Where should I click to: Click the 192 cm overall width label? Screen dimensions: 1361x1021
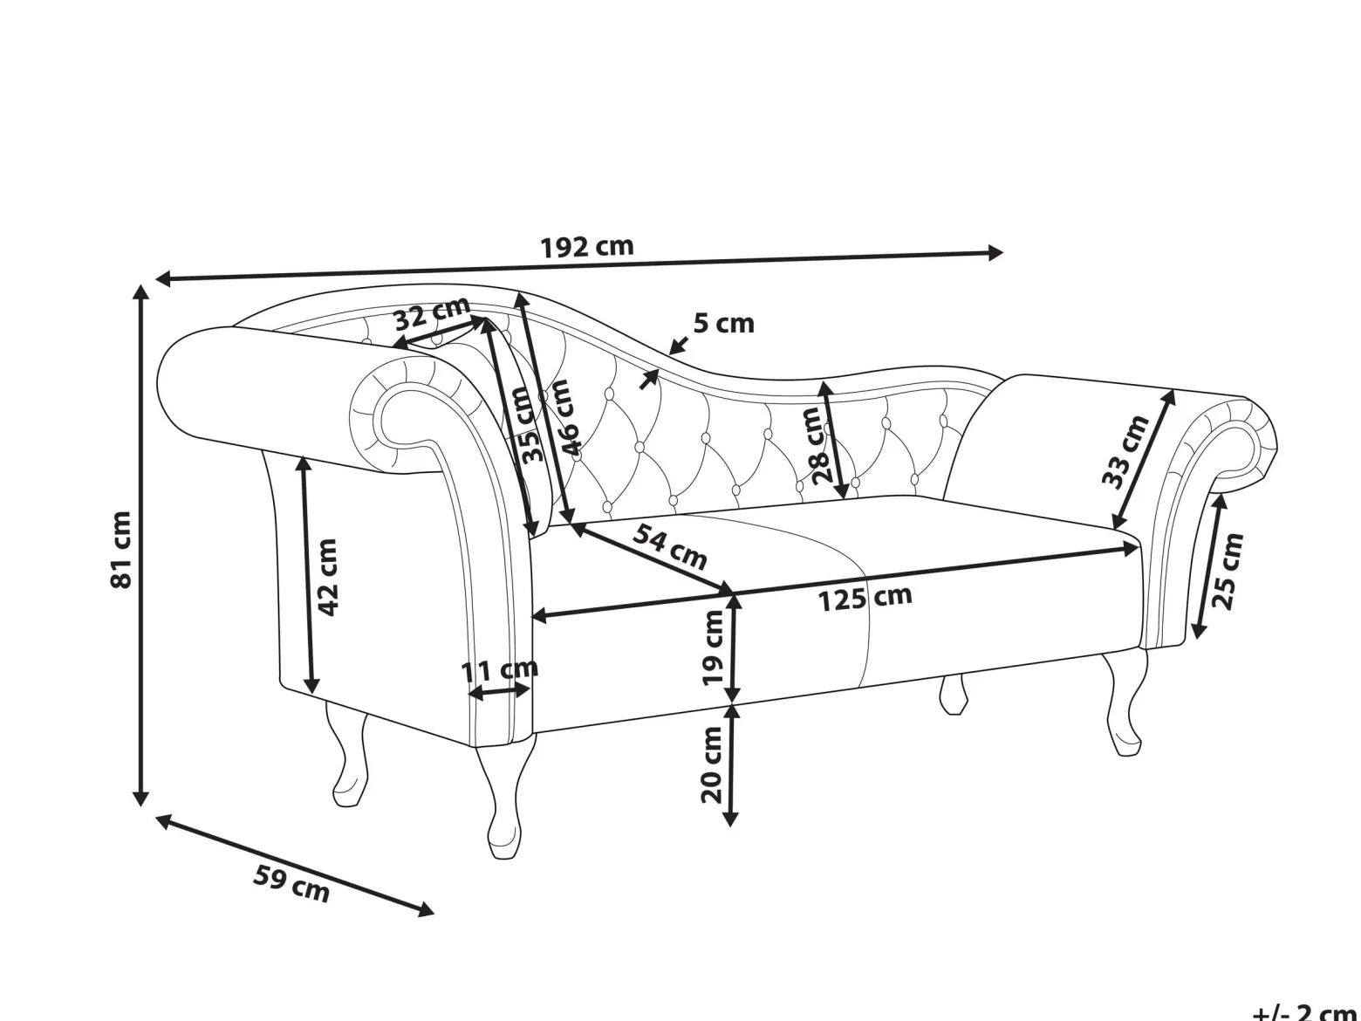(587, 247)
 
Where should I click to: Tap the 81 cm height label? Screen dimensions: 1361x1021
(121, 549)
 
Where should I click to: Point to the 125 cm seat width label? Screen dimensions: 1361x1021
(865, 599)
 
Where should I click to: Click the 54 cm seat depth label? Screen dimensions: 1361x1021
(670, 547)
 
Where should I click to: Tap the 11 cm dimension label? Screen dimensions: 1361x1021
(500, 669)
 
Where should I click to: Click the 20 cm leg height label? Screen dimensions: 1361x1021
(712, 765)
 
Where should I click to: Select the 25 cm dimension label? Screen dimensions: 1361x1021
(1226, 572)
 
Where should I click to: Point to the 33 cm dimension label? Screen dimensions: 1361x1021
(1126, 452)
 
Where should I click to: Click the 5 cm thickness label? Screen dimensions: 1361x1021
(723, 324)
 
